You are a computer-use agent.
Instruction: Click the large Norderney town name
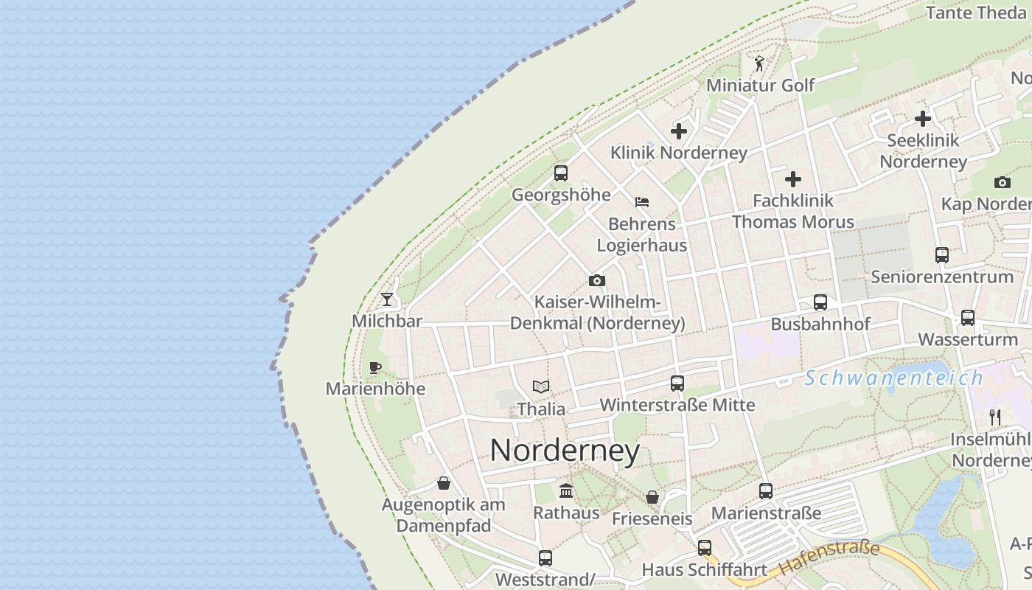[565, 451]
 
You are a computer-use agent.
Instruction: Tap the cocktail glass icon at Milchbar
[387, 299]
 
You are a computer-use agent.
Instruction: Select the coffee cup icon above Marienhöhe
[375, 367]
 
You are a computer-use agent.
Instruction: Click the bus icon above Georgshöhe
[561, 173]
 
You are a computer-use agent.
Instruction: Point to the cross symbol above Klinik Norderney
[679, 132]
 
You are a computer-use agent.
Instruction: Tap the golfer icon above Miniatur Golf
[760, 64]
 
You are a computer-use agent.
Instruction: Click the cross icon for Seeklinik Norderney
[922, 118]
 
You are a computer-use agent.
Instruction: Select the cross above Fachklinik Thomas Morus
[793, 179]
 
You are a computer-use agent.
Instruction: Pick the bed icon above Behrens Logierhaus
[642, 201]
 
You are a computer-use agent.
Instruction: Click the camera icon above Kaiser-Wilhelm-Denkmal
[597, 280]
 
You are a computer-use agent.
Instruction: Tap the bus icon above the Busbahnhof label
[820, 302]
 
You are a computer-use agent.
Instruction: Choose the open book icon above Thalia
[541, 386]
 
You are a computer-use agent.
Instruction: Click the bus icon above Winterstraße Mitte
[677, 383]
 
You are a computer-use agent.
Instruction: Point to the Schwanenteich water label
[893, 378]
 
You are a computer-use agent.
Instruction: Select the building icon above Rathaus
[566, 490]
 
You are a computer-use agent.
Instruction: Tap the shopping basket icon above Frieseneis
[652, 497]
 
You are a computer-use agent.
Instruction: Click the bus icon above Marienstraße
[766, 491]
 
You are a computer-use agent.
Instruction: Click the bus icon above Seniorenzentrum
[942, 255]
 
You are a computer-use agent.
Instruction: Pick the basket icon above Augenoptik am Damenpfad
[444, 483]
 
